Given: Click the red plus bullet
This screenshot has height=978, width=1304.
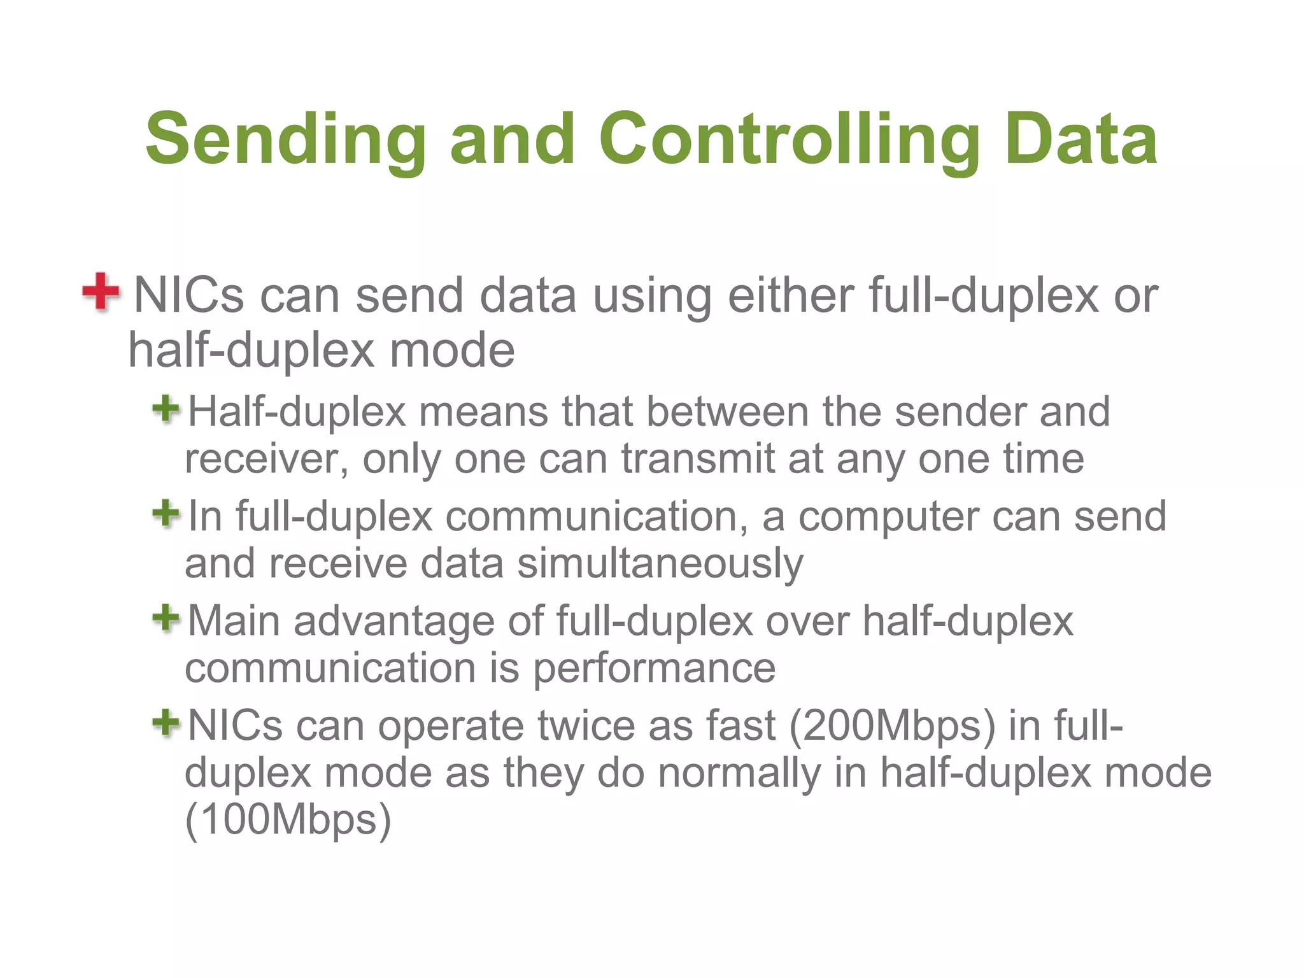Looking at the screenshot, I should (x=101, y=292).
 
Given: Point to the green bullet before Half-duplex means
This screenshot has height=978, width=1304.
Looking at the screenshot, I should (x=166, y=409).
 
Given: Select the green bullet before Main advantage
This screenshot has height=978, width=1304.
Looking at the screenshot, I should (x=166, y=618).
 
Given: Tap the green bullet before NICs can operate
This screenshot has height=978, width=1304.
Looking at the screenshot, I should (x=166, y=723).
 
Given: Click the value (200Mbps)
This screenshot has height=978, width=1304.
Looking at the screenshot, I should (x=892, y=726).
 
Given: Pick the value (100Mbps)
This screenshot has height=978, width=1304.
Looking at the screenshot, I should (x=288, y=819).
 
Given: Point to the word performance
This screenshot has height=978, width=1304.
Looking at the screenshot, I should (x=654, y=669).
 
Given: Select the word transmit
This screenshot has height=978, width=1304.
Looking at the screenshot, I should (x=698, y=458).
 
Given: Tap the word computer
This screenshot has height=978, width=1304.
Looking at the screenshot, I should (x=888, y=516).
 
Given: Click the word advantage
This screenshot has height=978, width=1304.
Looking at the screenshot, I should (x=393, y=621).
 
